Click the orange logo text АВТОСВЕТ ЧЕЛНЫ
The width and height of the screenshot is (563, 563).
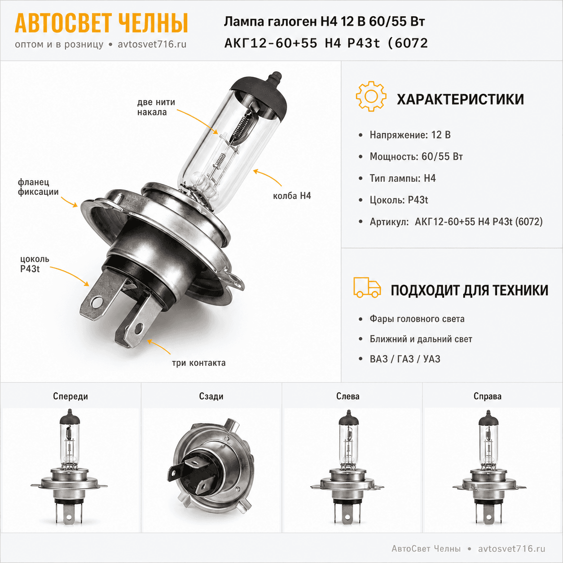pos(101,23)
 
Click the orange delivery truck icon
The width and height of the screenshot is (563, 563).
pos(367,287)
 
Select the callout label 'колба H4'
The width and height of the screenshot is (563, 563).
pos(292,196)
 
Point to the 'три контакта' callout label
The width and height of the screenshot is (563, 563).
pos(199,363)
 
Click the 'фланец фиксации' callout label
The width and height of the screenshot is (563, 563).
pos(38,187)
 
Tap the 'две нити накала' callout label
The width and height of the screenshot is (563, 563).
pos(156,107)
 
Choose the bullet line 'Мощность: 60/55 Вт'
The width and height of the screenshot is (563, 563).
pos(416,157)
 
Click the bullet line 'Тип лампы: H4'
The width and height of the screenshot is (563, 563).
pos(403,178)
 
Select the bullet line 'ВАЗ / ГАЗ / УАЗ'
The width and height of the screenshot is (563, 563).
pos(405,359)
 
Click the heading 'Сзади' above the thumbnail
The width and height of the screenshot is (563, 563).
pos(211,396)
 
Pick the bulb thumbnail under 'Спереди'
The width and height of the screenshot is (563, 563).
pos(69,467)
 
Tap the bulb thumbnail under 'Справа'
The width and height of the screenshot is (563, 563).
pos(489,467)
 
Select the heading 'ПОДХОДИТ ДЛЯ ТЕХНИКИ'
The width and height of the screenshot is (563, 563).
pos(470,290)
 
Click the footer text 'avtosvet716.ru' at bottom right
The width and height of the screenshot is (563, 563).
pos(511,549)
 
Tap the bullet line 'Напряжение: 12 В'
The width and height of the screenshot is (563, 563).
pos(410,135)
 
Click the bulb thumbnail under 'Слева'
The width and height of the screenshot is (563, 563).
pos(347,467)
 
